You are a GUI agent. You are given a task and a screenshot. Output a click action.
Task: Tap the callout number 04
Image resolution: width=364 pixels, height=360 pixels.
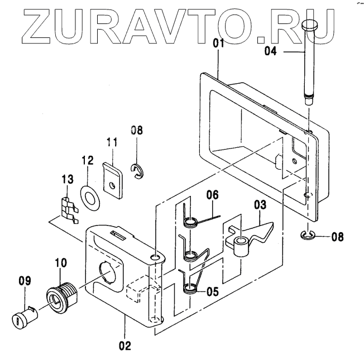tap(270, 51)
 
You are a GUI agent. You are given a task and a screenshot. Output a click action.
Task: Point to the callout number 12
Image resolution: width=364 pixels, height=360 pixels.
tap(87, 161)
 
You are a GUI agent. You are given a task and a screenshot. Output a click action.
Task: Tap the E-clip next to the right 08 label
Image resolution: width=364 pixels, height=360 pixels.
tap(308, 237)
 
